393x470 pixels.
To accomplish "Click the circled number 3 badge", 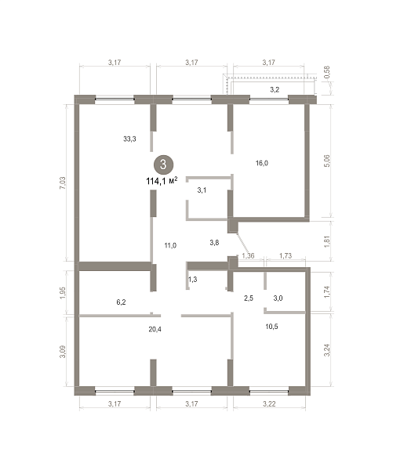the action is point(163,164).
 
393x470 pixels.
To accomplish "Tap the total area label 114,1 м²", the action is point(162,181).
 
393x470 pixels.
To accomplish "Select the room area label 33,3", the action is point(129,139).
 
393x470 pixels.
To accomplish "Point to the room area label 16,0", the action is point(262,163).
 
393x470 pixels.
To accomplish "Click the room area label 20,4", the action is point(155,329).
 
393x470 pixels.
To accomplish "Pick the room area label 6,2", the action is point(121,302).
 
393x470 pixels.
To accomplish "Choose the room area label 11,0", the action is point(170,245).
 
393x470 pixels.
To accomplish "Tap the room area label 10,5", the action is point(271,327).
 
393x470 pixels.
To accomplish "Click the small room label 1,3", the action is point(192,280).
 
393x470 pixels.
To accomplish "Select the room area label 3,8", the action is point(214,243).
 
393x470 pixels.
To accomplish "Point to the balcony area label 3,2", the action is point(275,89).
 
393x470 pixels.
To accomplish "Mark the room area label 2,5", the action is point(249,298).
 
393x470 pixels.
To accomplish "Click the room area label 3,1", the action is point(202,190).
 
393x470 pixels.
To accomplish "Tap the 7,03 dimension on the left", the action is point(63,183).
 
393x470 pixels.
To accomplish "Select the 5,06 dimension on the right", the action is point(327,161).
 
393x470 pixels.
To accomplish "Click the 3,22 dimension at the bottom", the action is point(269,403).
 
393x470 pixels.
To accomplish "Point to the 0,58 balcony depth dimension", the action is point(327,72).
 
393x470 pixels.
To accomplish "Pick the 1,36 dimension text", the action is point(248,255).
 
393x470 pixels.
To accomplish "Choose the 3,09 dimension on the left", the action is point(63,351).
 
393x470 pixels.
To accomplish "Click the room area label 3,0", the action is point(278,298).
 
